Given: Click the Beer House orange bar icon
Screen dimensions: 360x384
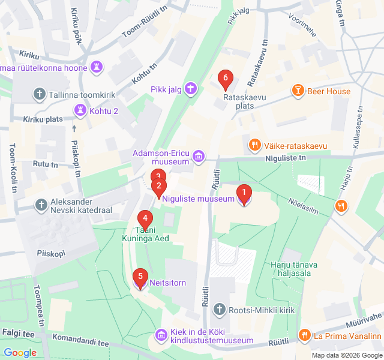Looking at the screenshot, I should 297,91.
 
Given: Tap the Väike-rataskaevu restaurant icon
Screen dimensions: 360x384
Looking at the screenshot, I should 255,145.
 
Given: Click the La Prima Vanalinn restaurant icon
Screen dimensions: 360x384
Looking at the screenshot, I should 304,335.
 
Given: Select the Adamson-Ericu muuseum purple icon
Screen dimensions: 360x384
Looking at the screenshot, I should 199,158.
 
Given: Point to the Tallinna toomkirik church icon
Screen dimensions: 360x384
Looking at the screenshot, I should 40,94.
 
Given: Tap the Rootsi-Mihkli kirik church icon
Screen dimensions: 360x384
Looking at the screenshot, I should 219,310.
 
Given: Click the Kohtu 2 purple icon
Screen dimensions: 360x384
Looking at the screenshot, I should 79,110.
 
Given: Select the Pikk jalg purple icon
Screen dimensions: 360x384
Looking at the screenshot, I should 191,89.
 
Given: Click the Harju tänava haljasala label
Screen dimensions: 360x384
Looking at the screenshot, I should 294,268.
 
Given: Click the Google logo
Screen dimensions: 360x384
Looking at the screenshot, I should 20,353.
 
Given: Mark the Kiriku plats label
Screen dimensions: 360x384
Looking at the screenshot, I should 43,119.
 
